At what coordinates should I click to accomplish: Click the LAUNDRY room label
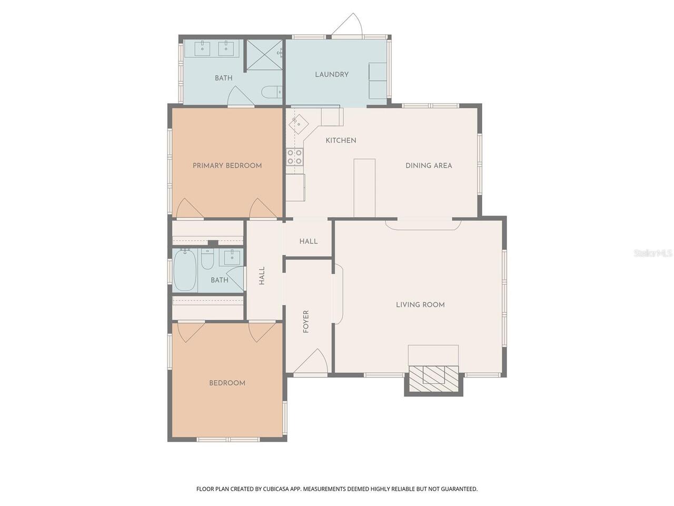pyautogui.click(x=332, y=74)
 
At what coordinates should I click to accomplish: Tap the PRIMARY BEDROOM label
pyautogui.click(x=227, y=166)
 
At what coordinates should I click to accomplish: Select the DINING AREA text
pyautogui.click(x=429, y=166)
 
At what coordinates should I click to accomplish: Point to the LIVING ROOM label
pyautogui.click(x=420, y=305)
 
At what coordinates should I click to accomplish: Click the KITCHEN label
pyautogui.click(x=341, y=140)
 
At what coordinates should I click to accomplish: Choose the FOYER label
pyautogui.click(x=306, y=322)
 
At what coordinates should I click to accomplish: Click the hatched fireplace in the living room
pyautogui.click(x=433, y=378)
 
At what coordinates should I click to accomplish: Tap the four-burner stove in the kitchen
pyautogui.click(x=294, y=157)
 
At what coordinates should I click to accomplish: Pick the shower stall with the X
pyautogui.click(x=265, y=55)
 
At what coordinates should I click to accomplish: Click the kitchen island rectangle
pyautogui.click(x=364, y=188)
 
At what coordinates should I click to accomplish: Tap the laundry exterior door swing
pyautogui.click(x=347, y=25)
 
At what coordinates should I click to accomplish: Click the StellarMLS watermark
pyautogui.click(x=653, y=253)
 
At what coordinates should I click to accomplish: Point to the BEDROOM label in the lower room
pyautogui.click(x=227, y=383)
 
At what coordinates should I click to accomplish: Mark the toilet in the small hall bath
pyautogui.click(x=207, y=259)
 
